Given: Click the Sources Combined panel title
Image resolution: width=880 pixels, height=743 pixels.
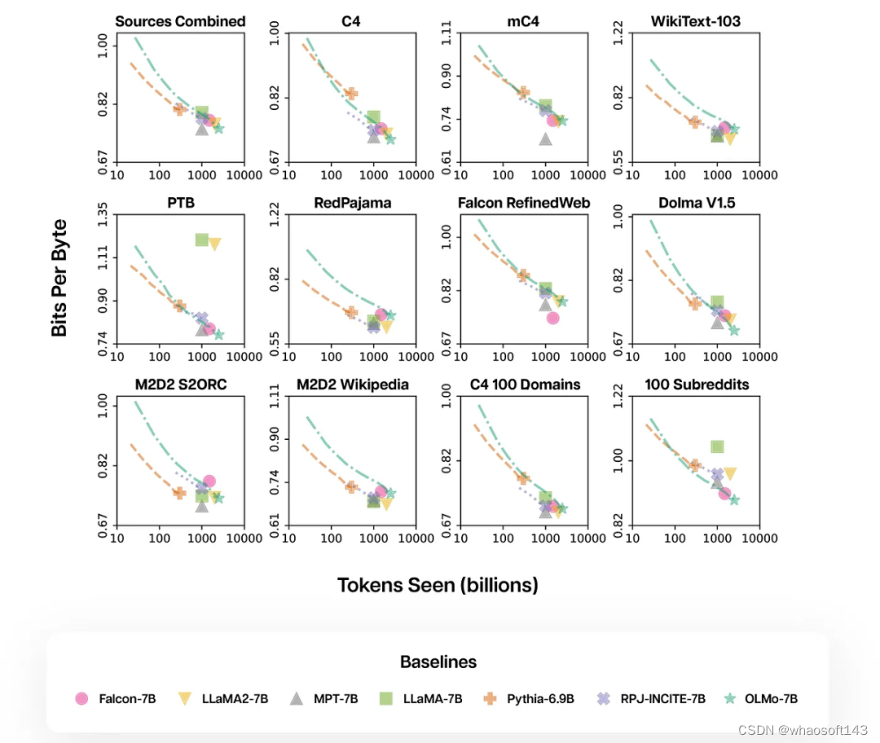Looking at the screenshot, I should pos(180,21).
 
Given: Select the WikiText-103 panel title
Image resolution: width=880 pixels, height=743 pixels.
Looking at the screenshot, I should pos(696,21).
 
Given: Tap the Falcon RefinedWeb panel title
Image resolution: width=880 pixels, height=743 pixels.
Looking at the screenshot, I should pos(524,203).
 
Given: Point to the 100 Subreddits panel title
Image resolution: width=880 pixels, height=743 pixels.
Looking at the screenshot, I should pos(696,384).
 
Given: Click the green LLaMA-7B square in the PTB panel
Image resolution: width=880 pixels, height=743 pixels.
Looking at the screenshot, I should pos(202,240).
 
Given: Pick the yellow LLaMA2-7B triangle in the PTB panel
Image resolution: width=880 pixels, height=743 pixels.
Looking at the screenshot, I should pos(215,244).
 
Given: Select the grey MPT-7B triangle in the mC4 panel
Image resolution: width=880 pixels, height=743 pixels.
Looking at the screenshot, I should pos(546,139).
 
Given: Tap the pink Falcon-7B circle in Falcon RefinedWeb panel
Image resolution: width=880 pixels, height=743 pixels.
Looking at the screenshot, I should pos(553,318).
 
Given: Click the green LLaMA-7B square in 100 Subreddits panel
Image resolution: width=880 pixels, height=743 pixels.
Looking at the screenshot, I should pos(718,446).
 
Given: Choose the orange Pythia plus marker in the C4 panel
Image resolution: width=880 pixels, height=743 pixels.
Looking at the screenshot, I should pos(351,94).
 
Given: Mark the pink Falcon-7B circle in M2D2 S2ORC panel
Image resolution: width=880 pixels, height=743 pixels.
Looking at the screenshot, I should pos(209,481).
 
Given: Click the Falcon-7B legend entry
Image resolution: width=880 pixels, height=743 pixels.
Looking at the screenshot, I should pos(116,698).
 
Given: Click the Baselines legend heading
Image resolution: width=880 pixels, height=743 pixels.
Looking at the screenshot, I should pos(438,662).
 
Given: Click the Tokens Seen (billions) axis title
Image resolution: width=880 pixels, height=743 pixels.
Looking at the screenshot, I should pos(438,585).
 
